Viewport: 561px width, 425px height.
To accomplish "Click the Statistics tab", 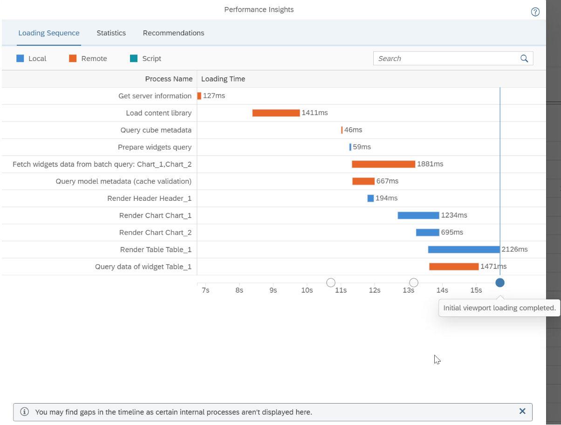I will click(111, 33).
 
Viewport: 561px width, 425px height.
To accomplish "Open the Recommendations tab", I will click(173, 33).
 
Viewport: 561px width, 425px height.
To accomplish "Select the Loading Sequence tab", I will click(49, 33).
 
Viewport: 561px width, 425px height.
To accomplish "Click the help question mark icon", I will click(535, 12).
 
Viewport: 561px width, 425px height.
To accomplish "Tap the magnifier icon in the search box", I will click(524, 58).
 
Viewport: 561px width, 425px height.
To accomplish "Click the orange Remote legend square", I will click(73, 58).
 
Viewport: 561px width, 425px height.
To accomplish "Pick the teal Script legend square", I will click(134, 58).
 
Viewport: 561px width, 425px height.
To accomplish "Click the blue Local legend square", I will click(20, 58).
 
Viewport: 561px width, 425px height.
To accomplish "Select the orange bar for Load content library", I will click(276, 113).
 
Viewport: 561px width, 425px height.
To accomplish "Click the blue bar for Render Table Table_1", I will click(464, 249).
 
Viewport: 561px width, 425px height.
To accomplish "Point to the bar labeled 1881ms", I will click(383, 164).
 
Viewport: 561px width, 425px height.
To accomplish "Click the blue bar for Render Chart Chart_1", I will click(418, 215).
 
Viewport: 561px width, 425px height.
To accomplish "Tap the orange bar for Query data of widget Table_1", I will click(453, 267).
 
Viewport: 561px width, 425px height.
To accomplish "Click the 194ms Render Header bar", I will click(370, 198).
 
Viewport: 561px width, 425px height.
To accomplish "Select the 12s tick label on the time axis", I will click(375, 290).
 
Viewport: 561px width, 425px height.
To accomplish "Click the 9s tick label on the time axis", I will click(273, 290).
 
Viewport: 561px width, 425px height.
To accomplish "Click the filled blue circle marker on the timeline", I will click(500, 282).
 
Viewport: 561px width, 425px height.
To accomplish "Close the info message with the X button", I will click(522, 411).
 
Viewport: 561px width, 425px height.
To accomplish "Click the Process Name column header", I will click(169, 79).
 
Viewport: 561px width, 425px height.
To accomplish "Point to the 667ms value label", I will click(388, 181).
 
